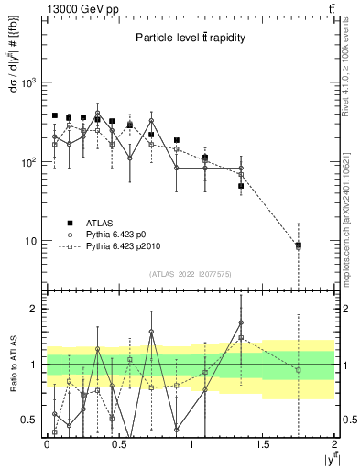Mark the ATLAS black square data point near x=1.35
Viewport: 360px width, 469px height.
point(241,186)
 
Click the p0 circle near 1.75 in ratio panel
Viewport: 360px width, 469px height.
point(299,370)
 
